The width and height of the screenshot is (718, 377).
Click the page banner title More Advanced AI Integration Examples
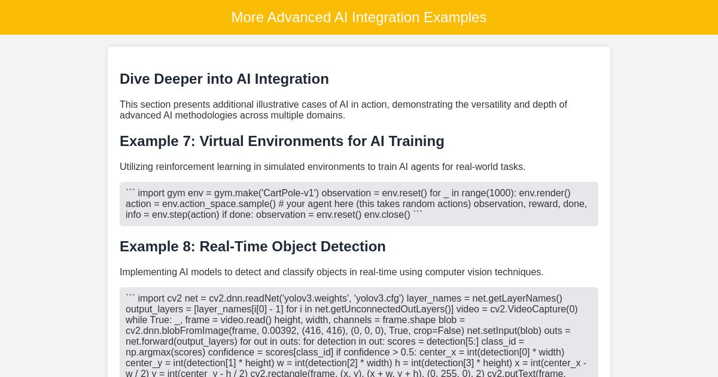tap(359, 17)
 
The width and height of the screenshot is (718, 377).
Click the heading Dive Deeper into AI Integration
tap(224, 79)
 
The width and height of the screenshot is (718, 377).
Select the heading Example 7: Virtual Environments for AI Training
tap(282, 141)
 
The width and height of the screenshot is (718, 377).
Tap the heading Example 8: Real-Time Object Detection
tap(252, 247)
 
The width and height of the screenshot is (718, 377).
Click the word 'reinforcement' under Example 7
tap(184, 167)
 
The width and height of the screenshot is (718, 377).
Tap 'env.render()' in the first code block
tap(544, 193)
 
